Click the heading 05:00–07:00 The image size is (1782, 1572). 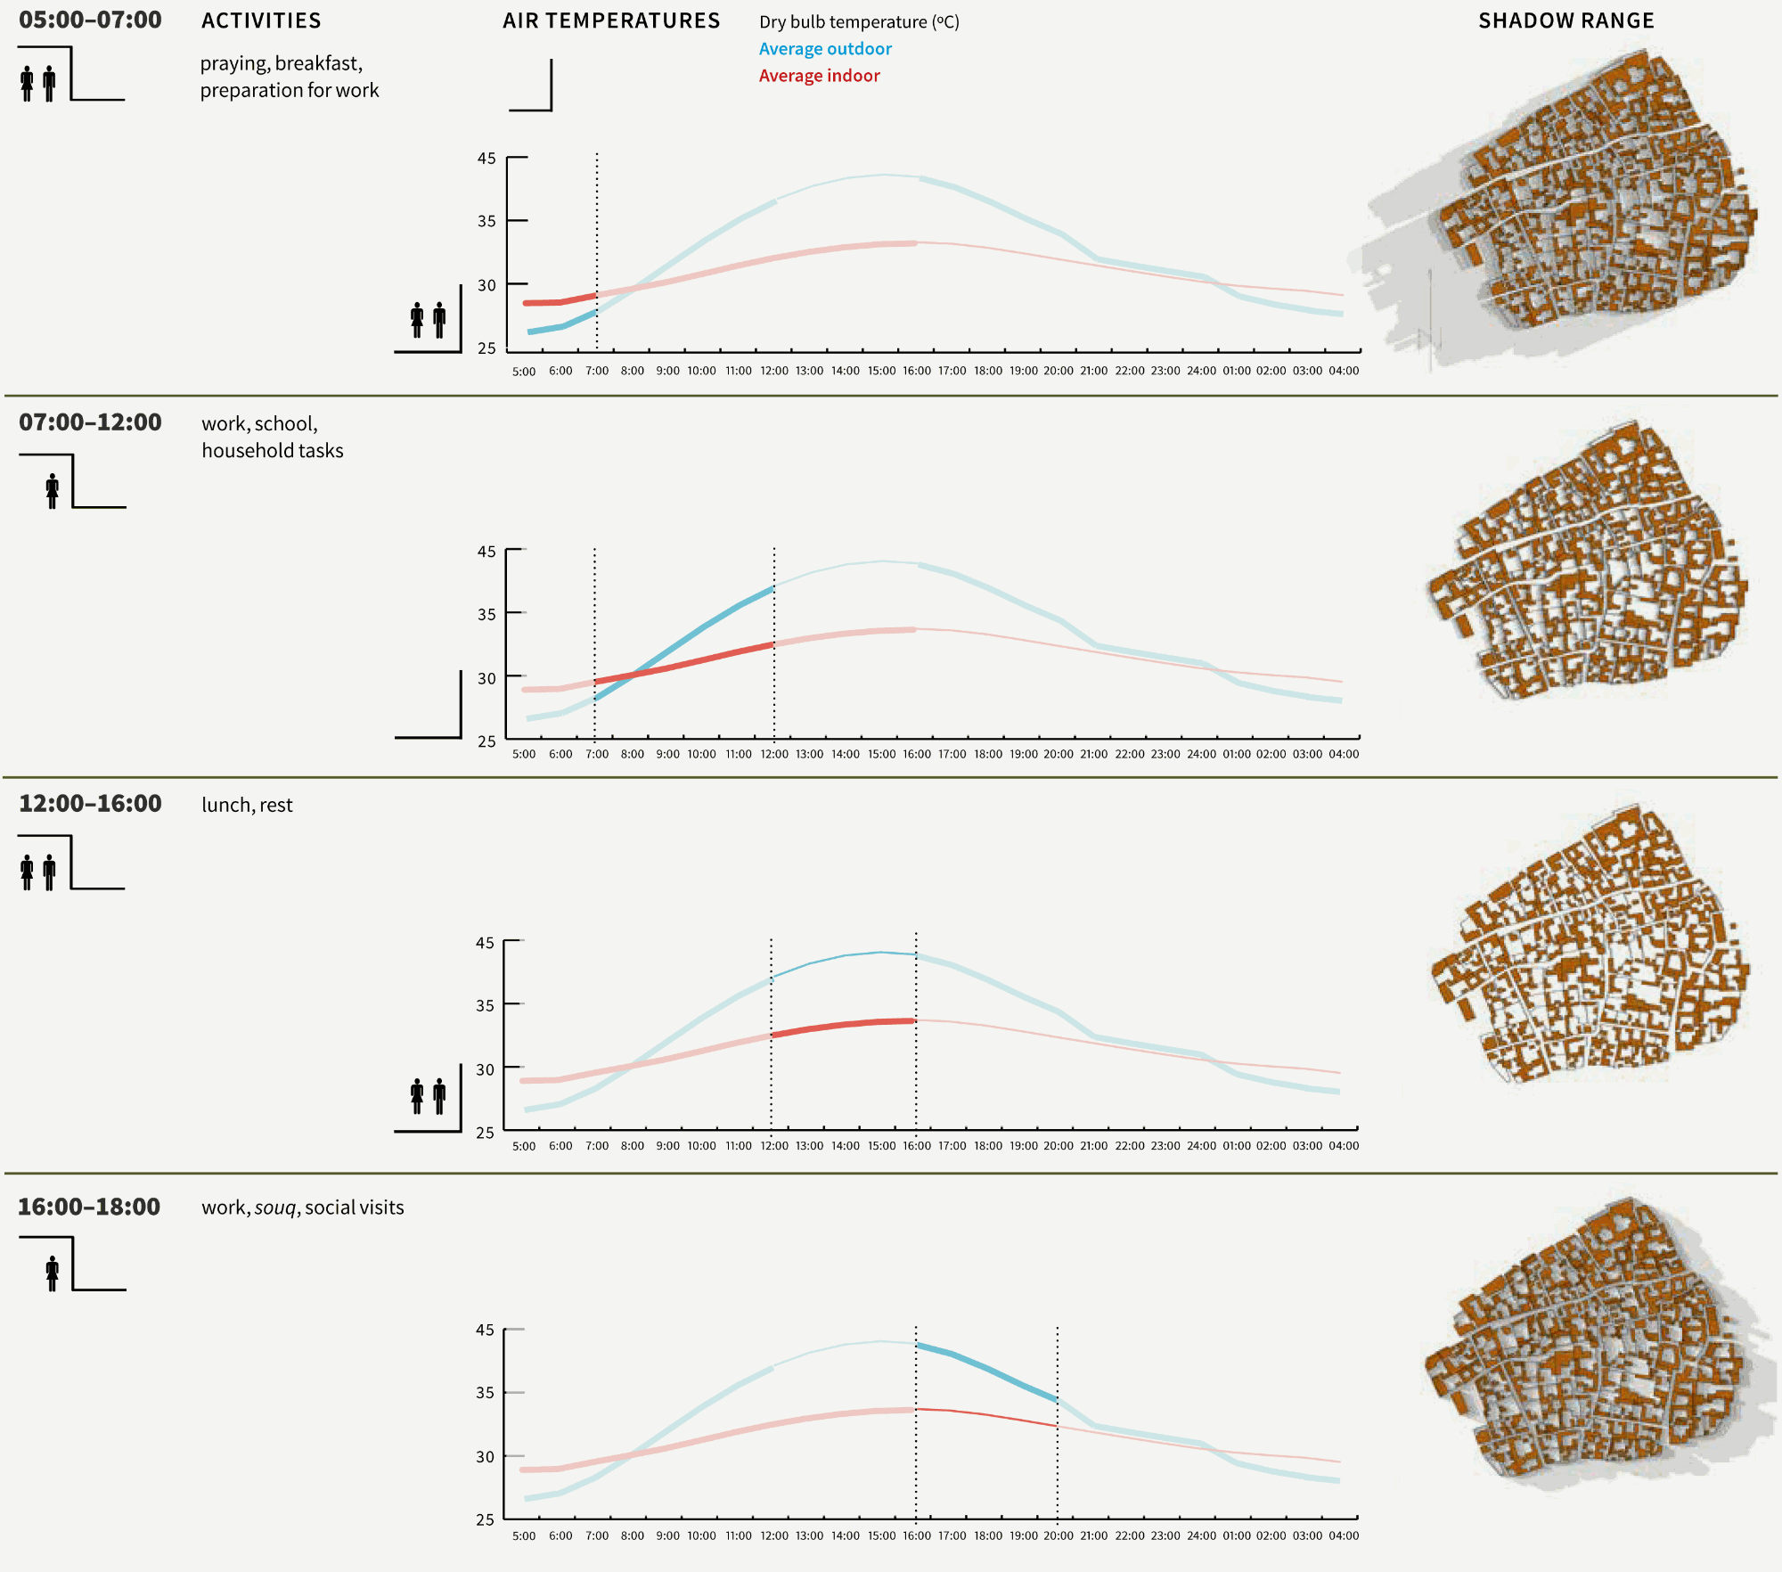click(90, 20)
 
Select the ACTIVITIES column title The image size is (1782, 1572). click(261, 20)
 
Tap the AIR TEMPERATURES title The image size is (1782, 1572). click(611, 20)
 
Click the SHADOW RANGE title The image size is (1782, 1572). click(1565, 20)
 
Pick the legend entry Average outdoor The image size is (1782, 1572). click(825, 49)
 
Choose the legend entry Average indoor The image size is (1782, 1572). click(819, 76)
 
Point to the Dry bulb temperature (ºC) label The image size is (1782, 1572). click(859, 22)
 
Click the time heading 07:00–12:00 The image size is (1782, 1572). click(90, 422)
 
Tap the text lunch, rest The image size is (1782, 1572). click(247, 805)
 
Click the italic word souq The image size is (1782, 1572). click(274, 1208)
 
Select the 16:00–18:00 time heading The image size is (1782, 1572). click(89, 1207)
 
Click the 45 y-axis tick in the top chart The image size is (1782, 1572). click(486, 159)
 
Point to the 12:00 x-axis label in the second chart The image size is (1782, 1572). click(774, 754)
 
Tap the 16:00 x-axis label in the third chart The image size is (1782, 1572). click(916, 1146)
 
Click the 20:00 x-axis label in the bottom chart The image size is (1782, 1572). click(1058, 1535)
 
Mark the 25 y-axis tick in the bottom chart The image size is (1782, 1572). click(485, 1519)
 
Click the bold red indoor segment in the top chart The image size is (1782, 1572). click(560, 301)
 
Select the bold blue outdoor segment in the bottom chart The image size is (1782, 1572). click(987, 1370)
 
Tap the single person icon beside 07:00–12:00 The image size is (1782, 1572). click(53, 491)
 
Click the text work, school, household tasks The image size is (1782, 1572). click(272, 437)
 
